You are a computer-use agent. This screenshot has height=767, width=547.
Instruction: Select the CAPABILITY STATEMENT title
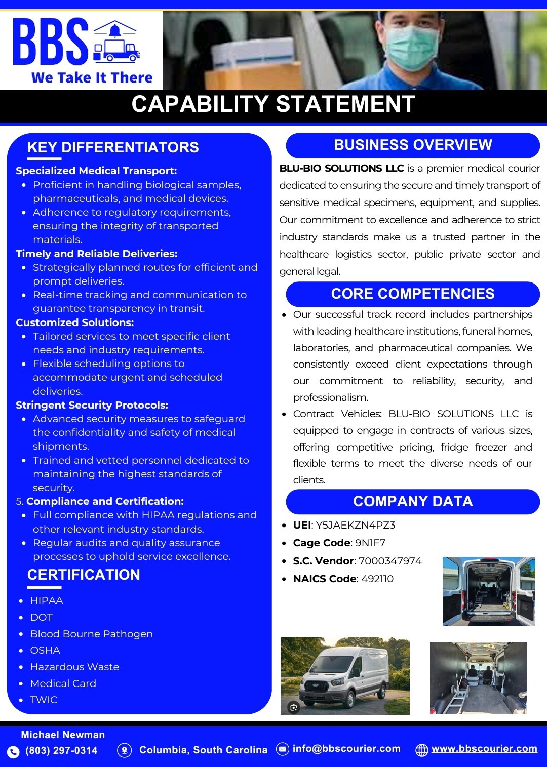[273, 104]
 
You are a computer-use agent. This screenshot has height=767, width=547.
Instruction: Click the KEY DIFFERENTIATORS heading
[113, 147]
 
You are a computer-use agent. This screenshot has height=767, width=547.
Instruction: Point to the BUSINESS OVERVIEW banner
[413, 145]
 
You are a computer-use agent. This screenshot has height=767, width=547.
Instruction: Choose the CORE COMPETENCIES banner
[413, 294]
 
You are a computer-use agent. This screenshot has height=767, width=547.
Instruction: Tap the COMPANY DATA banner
[413, 501]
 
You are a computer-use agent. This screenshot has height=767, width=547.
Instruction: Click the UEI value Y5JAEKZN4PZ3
[355, 525]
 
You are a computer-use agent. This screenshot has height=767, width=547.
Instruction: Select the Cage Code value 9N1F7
[370, 543]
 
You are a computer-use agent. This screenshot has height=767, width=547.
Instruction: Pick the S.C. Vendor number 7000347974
[390, 561]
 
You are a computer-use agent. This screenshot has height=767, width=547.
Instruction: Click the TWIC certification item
[44, 700]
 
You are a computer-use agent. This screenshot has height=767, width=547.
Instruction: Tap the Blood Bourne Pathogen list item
[91, 634]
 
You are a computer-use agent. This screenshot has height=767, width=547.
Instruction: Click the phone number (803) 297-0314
[61, 750]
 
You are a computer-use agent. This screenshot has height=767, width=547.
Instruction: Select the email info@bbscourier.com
[346, 749]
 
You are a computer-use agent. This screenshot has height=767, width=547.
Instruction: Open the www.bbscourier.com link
[484, 749]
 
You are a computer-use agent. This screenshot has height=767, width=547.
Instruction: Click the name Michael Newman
[63, 735]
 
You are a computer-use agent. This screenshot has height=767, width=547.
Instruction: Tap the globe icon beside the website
[421, 750]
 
